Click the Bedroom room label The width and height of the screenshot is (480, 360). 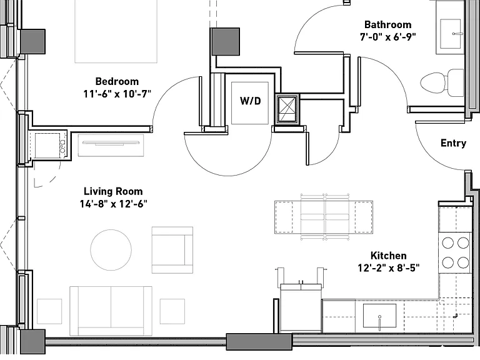click(117, 81)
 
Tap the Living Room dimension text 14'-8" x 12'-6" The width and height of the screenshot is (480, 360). click(114, 204)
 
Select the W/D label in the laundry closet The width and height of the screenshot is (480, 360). click(251, 101)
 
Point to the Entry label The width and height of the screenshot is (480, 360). click(453, 143)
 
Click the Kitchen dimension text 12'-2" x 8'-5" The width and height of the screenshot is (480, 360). click(389, 268)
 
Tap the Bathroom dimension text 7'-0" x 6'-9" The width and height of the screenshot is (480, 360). click(387, 37)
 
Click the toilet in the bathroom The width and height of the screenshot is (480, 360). click(442, 82)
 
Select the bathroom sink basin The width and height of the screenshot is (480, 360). click(450, 34)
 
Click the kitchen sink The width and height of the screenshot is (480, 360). click(379, 316)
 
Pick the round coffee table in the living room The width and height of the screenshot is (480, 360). click(111, 250)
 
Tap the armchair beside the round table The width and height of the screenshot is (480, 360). click(172, 250)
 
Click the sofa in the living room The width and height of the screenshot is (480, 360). click(111, 311)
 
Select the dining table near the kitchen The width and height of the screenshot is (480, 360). click(324, 217)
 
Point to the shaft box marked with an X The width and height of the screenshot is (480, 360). click(287, 109)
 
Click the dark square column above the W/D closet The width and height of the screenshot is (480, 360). click(225, 42)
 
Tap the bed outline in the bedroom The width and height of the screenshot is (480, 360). click(116, 31)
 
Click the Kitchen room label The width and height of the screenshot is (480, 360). click(389, 256)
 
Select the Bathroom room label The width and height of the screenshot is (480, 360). click(388, 24)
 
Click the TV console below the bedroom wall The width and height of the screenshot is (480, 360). click(111, 145)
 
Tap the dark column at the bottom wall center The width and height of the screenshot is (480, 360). click(259, 342)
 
